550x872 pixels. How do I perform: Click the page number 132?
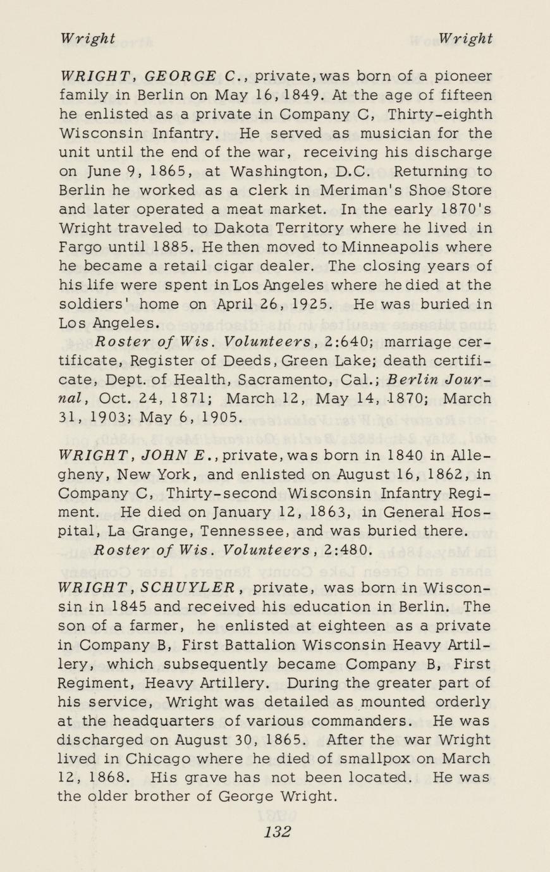[x=277, y=831]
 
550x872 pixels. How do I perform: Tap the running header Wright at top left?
[x=88, y=39]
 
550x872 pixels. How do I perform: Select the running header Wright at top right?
[x=466, y=39]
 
